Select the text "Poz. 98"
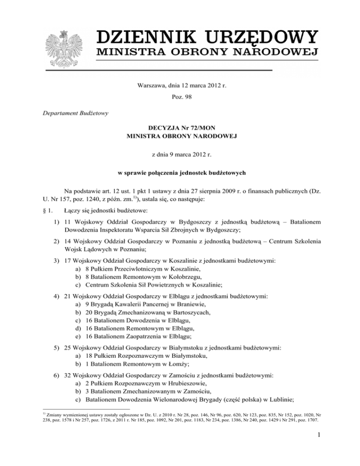pyautogui.click(x=180, y=100)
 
